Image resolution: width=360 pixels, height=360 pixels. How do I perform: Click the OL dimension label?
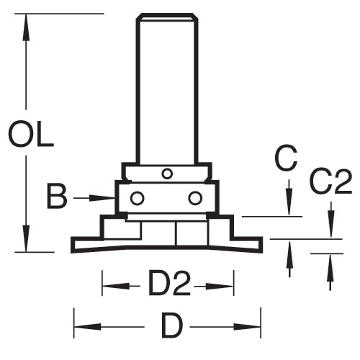31,135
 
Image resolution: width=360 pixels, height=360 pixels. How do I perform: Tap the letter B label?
57,197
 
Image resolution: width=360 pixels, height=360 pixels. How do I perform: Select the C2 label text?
331,181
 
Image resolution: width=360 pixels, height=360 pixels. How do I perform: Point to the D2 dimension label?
170,283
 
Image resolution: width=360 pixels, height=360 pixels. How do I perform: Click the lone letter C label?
286,158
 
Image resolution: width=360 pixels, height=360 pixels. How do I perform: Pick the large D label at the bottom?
173,325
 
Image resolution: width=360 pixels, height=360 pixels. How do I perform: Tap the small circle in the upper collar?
167,174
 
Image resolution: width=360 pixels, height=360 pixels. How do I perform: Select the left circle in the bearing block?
137,198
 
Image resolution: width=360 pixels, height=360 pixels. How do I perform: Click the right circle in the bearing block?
195,198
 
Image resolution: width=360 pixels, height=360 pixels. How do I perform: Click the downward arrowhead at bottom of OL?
26,238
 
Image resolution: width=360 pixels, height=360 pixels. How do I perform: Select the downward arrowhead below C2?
331,224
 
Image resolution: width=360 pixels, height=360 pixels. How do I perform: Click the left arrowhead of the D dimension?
87,327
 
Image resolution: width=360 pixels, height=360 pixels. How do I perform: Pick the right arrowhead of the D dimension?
247,327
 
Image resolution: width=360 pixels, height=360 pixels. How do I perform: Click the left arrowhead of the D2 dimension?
116,286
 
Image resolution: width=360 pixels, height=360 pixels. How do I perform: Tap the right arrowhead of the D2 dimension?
220,286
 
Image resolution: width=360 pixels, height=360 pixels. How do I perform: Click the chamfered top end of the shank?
167,17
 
